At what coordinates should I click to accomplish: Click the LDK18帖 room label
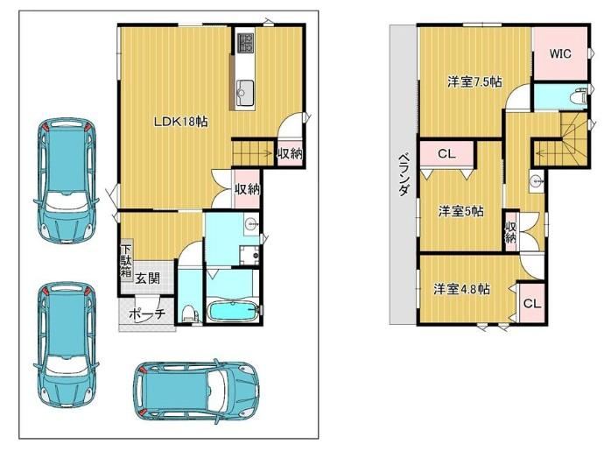coord(180,122)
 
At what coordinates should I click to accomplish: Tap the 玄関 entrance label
coord(148,278)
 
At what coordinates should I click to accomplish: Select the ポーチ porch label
coord(147,314)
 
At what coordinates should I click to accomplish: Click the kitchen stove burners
coord(246,42)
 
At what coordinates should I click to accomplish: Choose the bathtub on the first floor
coord(233,311)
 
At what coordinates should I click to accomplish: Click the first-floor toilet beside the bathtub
coord(189,313)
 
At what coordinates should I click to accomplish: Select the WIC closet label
coord(560,53)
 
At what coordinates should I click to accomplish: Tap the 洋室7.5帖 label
coord(474,81)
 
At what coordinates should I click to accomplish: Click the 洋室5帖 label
coord(460,211)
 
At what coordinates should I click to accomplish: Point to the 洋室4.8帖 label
coord(462,289)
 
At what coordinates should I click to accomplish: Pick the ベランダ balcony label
coord(404,174)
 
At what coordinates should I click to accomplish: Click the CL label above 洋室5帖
coord(446,154)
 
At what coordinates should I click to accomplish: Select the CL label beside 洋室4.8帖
coord(532,304)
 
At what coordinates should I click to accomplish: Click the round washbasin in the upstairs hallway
coord(536,180)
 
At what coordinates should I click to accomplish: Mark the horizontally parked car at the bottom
coord(196,391)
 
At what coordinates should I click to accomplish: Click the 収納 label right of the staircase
coord(290,153)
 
